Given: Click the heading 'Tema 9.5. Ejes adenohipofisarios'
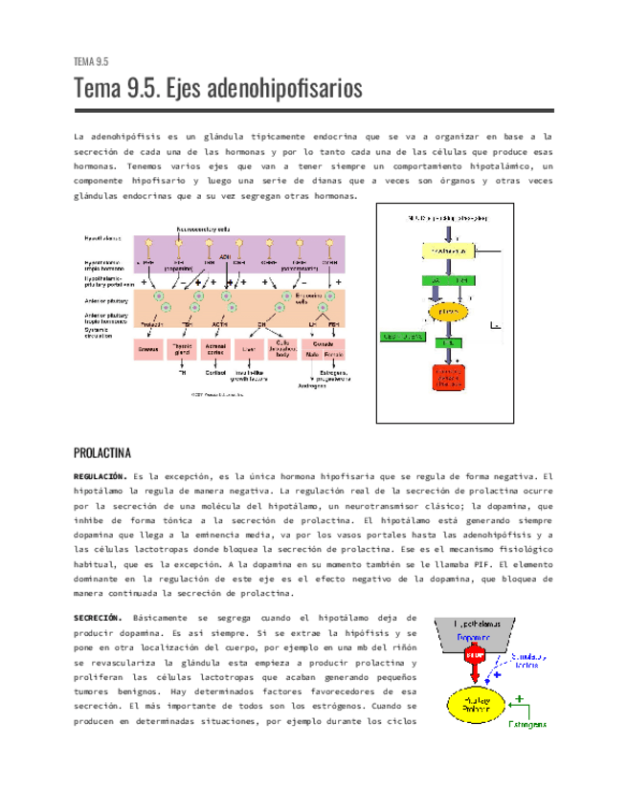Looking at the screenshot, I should point(218,89).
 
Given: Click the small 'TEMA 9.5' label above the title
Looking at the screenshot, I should point(90,61).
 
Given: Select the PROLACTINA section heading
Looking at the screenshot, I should point(109,452).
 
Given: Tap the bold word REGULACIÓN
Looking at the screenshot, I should point(101,475).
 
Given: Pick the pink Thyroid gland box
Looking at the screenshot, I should point(183,350).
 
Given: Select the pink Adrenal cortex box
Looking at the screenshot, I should point(215,350).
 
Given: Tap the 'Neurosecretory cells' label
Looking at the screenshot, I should point(202,229).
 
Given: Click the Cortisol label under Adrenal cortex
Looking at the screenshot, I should point(215,372).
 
